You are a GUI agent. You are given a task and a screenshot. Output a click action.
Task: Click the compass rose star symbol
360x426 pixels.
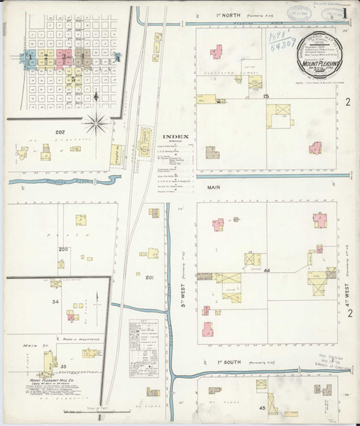pyautogui.click(x=96, y=123)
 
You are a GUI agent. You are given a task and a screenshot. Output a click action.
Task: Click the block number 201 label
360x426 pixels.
pyautogui.click(x=149, y=276)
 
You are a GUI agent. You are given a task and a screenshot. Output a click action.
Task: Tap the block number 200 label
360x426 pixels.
pyautogui.click(x=63, y=249)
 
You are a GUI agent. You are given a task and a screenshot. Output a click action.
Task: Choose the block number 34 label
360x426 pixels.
pyautogui.click(x=55, y=302)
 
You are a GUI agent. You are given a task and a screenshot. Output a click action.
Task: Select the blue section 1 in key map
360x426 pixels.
pyautogui.click(x=29, y=56)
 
